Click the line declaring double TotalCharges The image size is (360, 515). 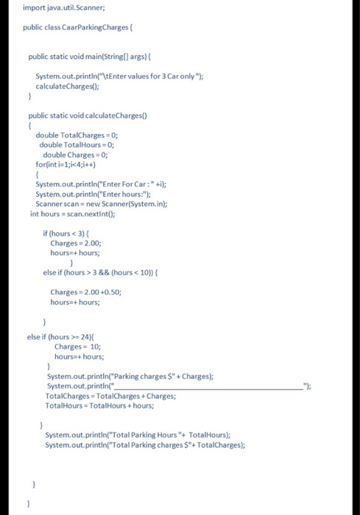pos(77,135)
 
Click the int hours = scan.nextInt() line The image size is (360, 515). pos(74,213)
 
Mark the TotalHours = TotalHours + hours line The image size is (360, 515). pos(99,405)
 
